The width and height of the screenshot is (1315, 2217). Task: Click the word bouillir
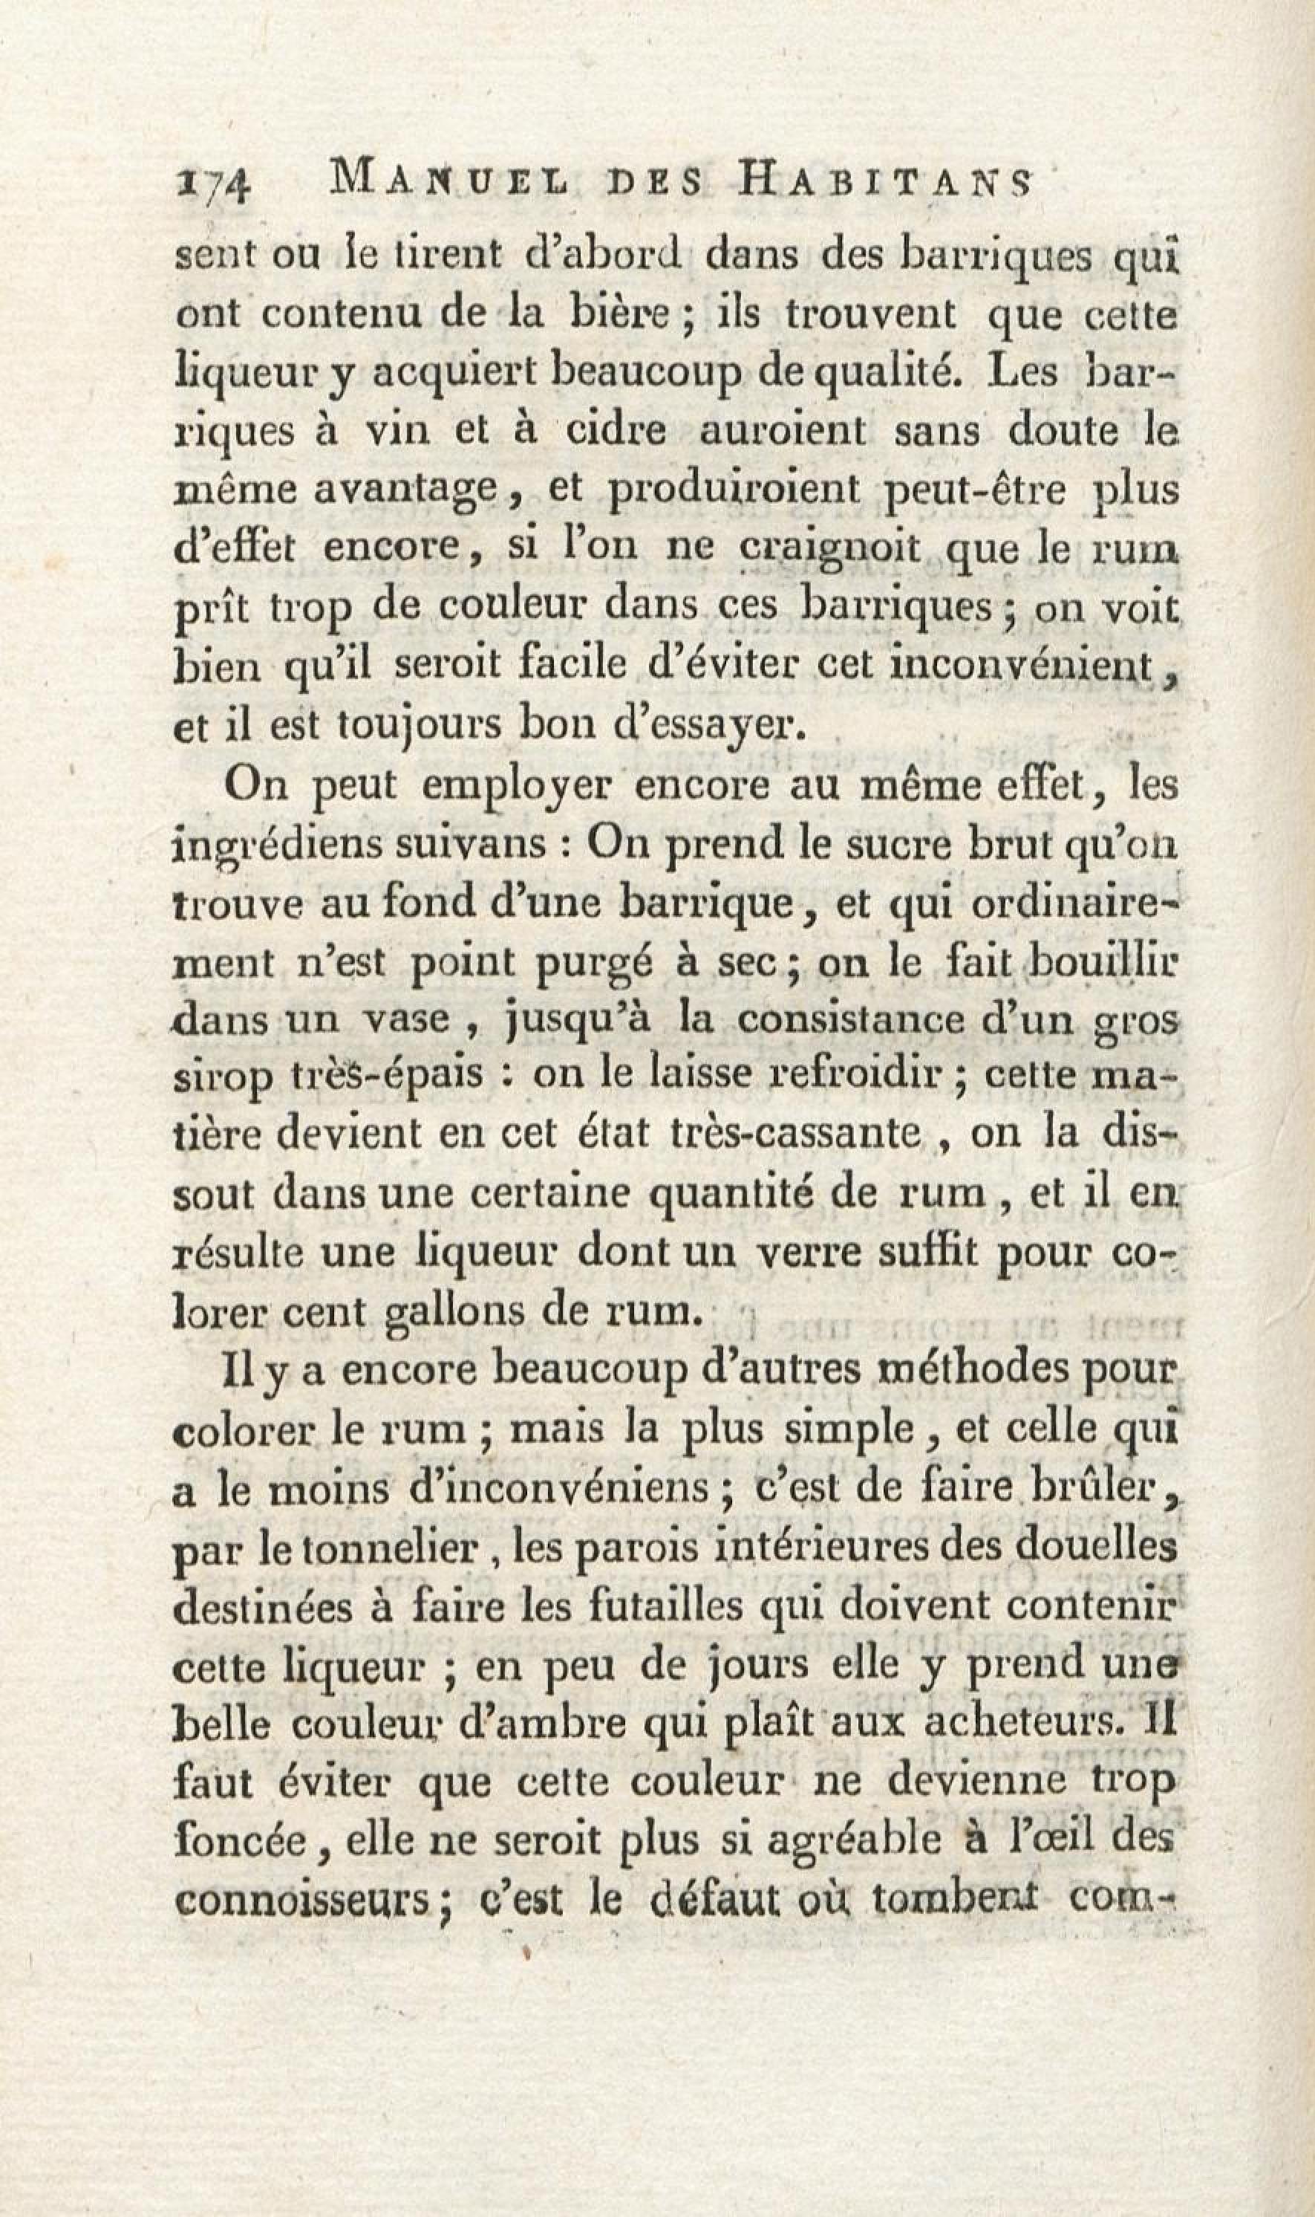pos(1104,961)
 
